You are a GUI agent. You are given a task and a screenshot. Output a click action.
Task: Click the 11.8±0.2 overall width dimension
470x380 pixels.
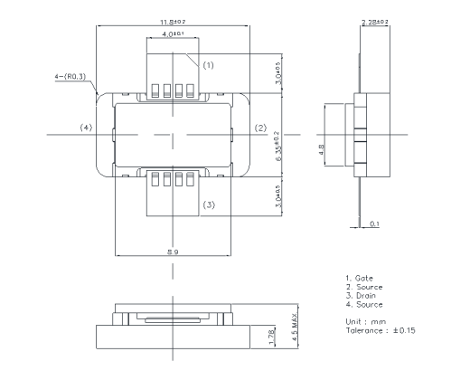[x=173, y=20]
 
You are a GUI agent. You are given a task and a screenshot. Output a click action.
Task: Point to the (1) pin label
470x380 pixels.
[x=207, y=65]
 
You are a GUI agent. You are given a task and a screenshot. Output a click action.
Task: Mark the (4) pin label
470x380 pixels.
[x=86, y=128]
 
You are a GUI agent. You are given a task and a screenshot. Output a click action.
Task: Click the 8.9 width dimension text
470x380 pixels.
[x=172, y=251]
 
